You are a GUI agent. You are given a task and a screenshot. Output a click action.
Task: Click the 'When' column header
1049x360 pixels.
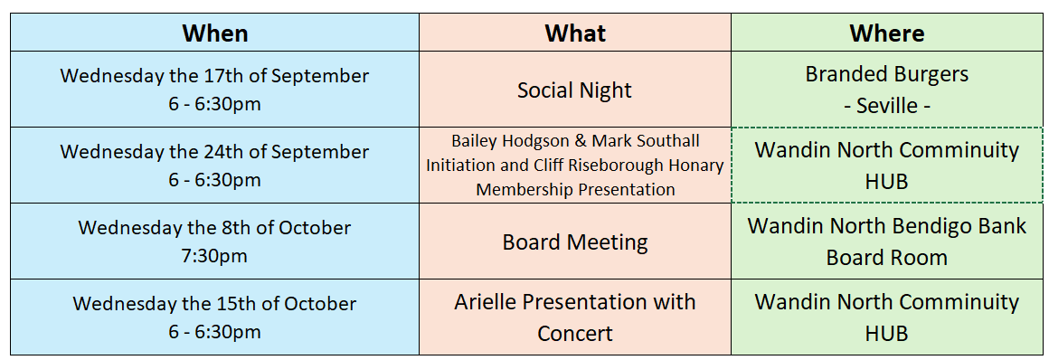tap(214, 33)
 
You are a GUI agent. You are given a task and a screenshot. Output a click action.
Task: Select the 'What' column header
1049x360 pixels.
tap(574, 33)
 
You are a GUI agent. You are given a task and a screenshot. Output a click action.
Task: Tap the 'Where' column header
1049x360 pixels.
tap(886, 33)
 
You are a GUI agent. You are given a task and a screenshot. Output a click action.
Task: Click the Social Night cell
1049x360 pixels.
tap(574, 89)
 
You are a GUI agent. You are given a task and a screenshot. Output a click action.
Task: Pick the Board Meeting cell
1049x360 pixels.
tap(574, 242)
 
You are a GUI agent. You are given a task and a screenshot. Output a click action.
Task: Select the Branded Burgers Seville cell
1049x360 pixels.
tap(886, 89)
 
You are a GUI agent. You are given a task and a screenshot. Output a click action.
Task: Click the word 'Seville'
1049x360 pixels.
tap(886, 105)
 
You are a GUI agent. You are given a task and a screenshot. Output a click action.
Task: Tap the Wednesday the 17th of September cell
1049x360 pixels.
tap(214, 89)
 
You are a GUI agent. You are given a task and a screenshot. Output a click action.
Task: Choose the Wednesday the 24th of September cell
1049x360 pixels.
tap(214, 166)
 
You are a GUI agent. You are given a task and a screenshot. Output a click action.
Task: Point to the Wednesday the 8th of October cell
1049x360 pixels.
tap(214, 242)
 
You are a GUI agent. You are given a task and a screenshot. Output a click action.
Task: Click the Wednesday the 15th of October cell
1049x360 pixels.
tap(214, 317)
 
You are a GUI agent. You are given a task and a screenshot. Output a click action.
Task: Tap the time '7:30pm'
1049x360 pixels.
tap(214, 256)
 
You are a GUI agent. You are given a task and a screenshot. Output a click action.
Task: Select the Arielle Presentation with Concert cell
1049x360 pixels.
tap(574, 317)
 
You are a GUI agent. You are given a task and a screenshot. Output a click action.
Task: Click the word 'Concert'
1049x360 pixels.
tap(574, 333)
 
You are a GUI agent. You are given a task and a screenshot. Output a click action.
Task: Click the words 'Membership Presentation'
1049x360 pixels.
tap(575, 189)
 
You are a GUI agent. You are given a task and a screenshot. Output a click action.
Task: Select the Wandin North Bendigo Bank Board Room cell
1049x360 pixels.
tap(886, 242)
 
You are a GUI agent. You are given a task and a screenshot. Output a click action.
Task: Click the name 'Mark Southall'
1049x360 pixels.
tap(646, 141)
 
